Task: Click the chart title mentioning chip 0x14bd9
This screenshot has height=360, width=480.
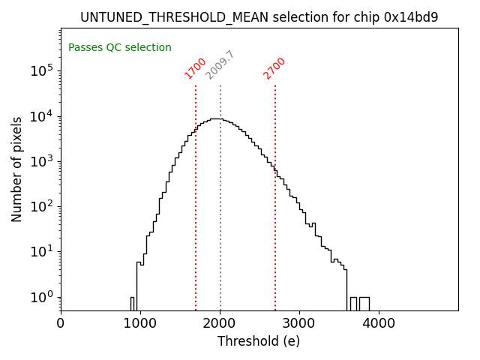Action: pyautogui.click(x=259, y=17)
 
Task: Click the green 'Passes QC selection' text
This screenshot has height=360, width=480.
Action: pyautogui.click(x=120, y=48)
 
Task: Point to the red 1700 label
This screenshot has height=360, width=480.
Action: pyautogui.click(x=195, y=68)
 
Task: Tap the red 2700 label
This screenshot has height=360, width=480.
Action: pyautogui.click(x=274, y=68)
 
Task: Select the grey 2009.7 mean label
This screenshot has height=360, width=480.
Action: pyautogui.click(x=220, y=65)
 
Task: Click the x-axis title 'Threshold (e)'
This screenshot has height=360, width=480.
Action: pyautogui.click(x=259, y=341)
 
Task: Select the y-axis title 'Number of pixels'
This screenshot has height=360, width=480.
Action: pyautogui.click(x=17, y=169)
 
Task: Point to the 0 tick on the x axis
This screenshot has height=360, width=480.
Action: pyautogui.click(x=61, y=324)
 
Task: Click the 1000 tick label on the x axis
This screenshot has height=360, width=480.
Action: pyautogui.click(x=140, y=324)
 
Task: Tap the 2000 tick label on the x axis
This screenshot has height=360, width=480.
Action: pyautogui.click(x=220, y=324)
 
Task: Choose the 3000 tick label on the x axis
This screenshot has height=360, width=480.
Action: pyautogui.click(x=299, y=324)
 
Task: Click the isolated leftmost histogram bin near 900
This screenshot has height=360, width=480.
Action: pyautogui.click(x=132, y=303)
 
